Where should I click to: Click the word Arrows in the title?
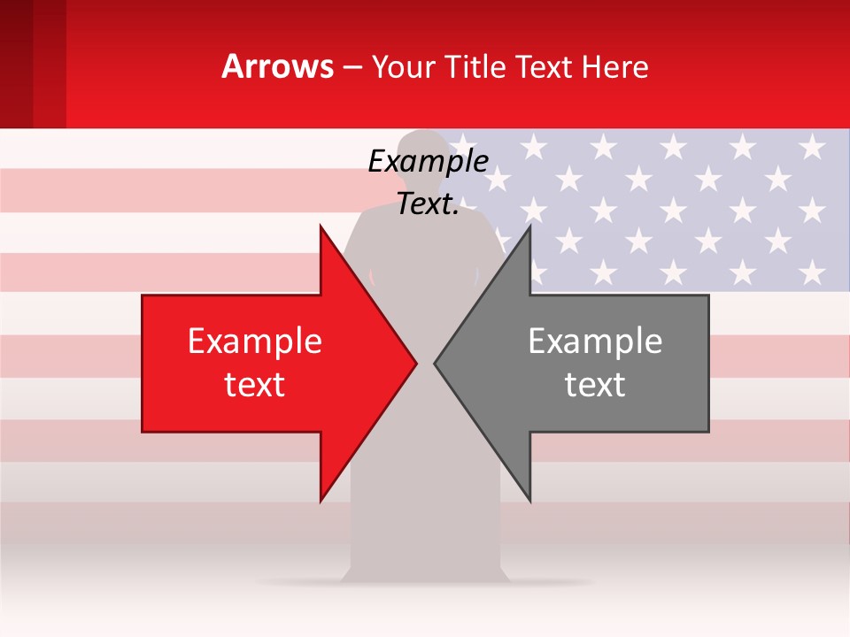(278, 66)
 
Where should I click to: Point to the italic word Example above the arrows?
(428, 162)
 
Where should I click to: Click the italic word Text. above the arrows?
(428, 204)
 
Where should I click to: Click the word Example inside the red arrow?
(255, 342)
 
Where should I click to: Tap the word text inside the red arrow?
(255, 385)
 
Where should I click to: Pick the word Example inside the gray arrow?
(595, 342)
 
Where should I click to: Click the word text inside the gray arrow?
(595, 385)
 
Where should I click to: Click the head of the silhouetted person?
(422, 150)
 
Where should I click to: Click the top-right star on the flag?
(811, 147)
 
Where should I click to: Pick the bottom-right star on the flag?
(811, 271)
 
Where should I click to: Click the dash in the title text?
(352, 67)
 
